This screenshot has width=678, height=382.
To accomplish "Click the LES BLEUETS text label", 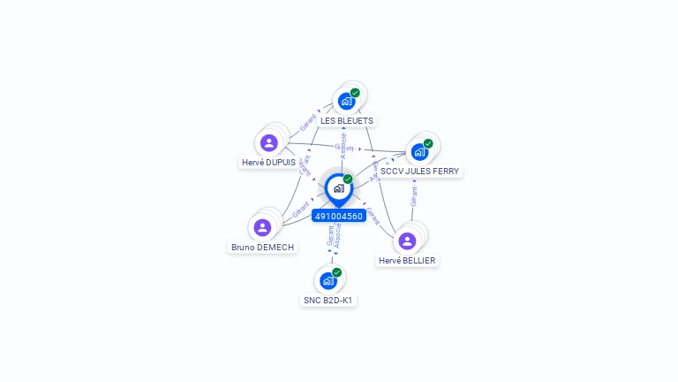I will click(x=347, y=120).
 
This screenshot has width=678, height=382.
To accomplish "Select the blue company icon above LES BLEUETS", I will click(x=346, y=101).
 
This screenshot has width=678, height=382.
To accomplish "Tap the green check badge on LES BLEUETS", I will click(x=355, y=93).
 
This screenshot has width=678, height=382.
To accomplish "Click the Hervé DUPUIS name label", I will click(x=268, y=163).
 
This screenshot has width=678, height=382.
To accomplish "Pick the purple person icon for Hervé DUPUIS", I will click(x=269, y=142).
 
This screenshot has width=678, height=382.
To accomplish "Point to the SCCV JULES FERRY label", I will click(x=419, y=171).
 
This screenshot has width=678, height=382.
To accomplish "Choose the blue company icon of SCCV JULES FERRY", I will click(x=419, y=151).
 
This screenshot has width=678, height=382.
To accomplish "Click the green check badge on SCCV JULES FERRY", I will click(x=428, y=143).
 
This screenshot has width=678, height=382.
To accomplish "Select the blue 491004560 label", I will click(x=339, y=216).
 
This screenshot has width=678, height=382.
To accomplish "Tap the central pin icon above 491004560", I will click(x=338, y=188).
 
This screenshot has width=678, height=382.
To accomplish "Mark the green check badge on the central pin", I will click(x=348, y=180).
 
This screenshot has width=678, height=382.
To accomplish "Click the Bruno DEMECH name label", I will click(x=262, y=248).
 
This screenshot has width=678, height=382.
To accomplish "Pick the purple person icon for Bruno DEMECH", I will click(x=262, y=227).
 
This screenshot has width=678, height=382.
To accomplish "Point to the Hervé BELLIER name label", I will click(x=407, y=261).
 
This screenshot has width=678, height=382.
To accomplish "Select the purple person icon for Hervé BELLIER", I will click(x=407, y=240).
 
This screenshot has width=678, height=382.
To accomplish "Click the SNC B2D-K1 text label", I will click(x=328, y=301).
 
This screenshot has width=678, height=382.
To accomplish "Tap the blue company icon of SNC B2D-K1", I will click(x=328, y=280).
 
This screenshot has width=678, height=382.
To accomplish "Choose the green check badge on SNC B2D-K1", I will click(x=336, y=272).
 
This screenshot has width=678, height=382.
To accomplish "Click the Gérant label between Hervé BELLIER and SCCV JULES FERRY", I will click(x=413, y=196).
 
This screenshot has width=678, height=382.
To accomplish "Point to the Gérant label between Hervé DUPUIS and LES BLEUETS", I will click(x=308, y=123).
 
